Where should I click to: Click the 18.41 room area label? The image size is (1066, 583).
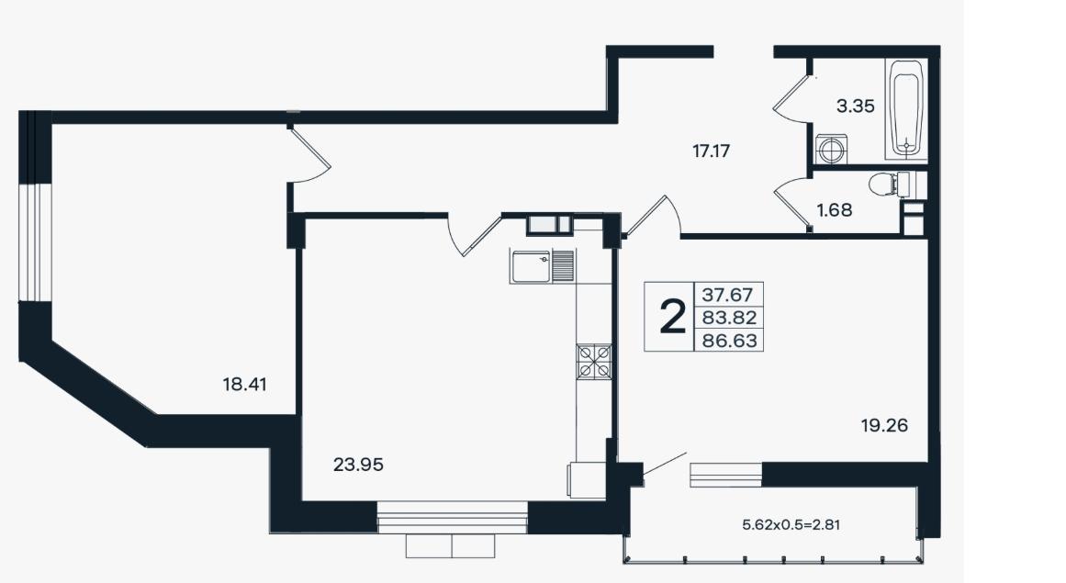245,385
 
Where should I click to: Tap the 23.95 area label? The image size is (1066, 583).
358,465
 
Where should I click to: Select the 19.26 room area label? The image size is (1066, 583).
884,425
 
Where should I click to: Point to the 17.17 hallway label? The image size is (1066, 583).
711,151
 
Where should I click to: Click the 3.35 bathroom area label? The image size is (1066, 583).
855,106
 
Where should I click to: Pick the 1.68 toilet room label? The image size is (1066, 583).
835,210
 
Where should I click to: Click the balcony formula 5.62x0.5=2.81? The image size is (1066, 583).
791,524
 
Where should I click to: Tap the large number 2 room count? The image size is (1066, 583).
672,318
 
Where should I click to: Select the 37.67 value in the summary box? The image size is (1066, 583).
727,295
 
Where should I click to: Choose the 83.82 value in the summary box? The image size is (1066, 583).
729,318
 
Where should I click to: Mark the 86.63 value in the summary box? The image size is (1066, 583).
729,340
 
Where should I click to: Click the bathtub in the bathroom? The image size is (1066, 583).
906,109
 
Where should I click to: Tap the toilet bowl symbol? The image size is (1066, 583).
889,183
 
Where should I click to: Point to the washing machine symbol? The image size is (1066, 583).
831,149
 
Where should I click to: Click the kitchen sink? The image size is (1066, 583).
542,265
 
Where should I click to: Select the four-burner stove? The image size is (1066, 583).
594,362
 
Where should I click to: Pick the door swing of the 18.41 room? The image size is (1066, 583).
309,155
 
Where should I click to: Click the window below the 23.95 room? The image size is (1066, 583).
452,517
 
